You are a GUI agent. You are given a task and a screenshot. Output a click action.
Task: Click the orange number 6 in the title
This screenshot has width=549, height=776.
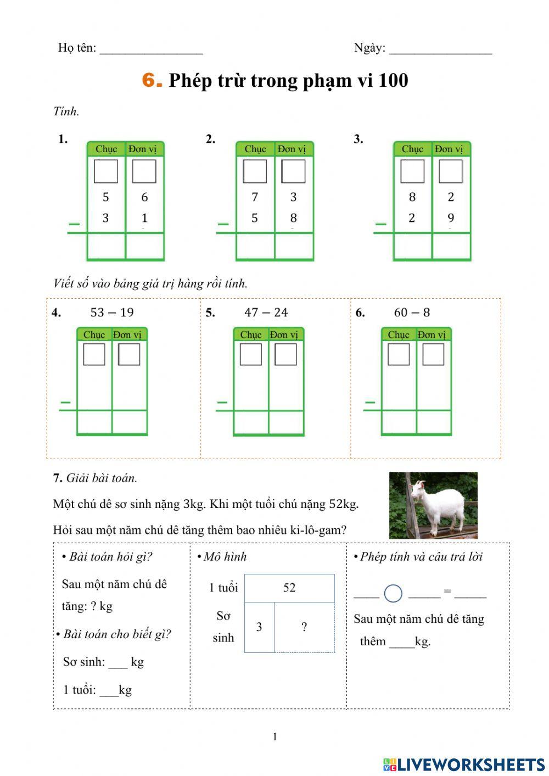152,80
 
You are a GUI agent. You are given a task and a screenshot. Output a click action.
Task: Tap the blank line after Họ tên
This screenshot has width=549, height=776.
151,50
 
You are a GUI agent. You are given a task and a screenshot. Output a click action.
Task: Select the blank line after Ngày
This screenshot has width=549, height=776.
440,50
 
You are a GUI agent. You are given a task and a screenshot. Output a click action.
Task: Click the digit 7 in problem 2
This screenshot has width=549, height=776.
255,197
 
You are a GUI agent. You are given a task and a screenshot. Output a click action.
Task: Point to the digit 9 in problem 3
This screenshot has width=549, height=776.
451,218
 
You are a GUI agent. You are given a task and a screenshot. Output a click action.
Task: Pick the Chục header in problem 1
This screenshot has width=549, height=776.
106,149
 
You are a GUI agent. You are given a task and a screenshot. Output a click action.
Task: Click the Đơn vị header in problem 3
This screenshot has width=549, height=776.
449,149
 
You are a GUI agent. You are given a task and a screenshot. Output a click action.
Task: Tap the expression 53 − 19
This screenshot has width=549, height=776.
112,312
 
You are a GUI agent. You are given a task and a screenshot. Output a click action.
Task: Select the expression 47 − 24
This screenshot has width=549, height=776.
266,312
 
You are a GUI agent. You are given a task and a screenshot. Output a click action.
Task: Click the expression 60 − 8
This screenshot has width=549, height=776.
412,312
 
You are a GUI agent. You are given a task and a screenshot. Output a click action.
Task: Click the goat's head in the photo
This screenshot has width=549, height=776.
419,488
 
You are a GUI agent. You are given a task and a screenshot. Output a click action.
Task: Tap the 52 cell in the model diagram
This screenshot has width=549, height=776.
289,588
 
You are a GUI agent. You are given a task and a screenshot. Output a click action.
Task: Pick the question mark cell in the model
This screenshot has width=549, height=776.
304,627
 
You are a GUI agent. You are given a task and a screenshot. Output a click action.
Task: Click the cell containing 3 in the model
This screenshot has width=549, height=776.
259,627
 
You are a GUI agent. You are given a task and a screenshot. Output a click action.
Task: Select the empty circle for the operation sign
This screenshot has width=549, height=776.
393,593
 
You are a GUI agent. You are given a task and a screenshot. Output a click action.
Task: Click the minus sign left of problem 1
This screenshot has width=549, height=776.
74,224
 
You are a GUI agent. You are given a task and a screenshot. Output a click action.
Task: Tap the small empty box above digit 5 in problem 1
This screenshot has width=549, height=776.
106,171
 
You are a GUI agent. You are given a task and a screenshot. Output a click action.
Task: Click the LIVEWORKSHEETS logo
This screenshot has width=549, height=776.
464,764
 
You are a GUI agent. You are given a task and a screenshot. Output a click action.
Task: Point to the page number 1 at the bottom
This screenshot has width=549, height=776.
275,737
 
